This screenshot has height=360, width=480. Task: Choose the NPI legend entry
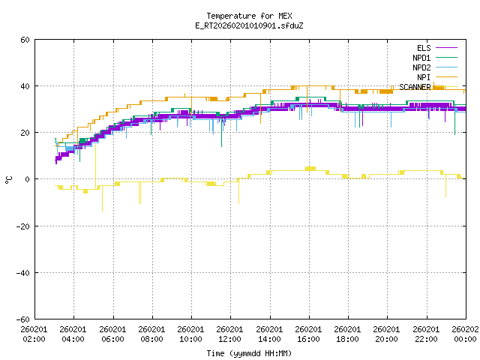[x=424, y=77]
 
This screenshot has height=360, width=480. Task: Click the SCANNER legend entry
[x=415, y=87]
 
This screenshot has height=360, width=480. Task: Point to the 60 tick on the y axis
[x=25, y=40]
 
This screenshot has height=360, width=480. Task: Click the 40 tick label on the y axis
[x=25, y=86]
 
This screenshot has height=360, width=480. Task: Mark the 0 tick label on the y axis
[x=27, y=179]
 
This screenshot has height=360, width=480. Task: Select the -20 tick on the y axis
[x=22, y=226]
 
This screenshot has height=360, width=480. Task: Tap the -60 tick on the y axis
[x=22, y=319]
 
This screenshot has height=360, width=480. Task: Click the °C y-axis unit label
[x=8, y=179]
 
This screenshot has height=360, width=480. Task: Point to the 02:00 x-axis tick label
[x=34, y=334]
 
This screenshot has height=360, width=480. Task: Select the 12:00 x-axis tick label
[x=230, y=334]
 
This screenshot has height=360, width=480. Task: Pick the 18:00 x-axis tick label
[x=347, y=334]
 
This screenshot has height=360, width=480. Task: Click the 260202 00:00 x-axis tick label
[x=465, y=334]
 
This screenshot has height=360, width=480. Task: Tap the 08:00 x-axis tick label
[x=152, y=334]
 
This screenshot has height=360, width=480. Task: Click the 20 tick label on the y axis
[x=25, y=133]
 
